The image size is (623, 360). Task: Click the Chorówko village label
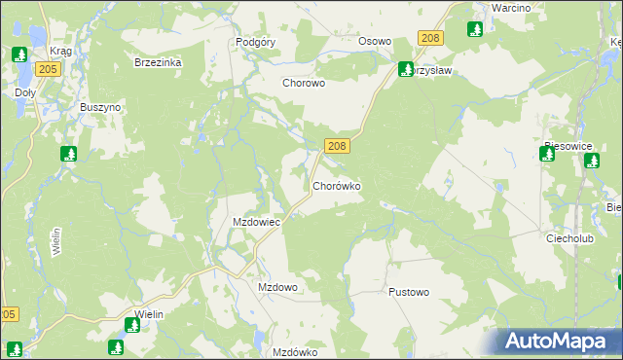click(337, 185)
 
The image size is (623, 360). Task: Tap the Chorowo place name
click(303, 84)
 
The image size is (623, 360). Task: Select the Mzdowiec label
click(256, 222)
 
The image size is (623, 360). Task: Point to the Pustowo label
click(408, 292)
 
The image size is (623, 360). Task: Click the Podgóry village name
click(257, 43)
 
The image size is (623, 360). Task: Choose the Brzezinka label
click(158, 61)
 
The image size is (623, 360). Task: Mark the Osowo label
click(375, 42)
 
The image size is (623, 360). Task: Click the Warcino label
click(510, 8)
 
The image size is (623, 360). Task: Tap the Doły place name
click(25, 93)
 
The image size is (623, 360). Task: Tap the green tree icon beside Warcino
click(476, 29)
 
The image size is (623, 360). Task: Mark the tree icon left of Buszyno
click(68, 154)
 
